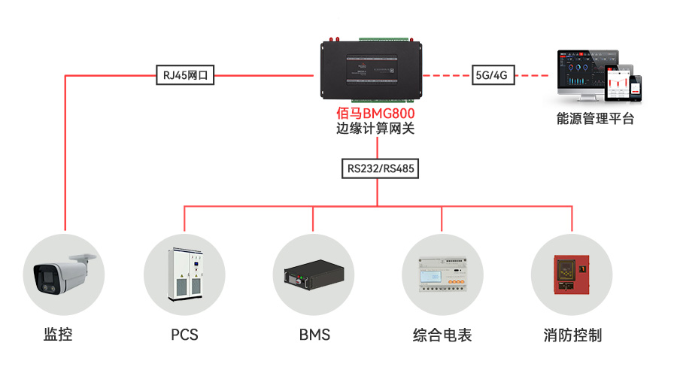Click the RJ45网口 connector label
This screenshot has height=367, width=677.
click(x=185, y=75)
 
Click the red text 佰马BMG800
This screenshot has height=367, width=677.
click(x=375, y=114)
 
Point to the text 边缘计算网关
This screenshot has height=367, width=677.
click(x=375, y=129)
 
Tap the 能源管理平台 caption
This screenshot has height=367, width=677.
click(x=595, y=118)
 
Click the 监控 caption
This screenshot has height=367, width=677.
click(x=59, y=335)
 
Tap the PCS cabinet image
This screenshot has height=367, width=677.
click(x=185, y=274)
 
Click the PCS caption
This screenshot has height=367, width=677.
click(x=184, y=335)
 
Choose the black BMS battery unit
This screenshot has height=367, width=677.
click(x=314, y=277)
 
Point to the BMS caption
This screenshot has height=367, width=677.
click(x=314, y=335)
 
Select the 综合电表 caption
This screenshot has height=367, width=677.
click(x=442, y=335)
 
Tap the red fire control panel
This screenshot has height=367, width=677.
click(x=572, y=274)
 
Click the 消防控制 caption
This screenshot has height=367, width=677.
click(x=572, y=335)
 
